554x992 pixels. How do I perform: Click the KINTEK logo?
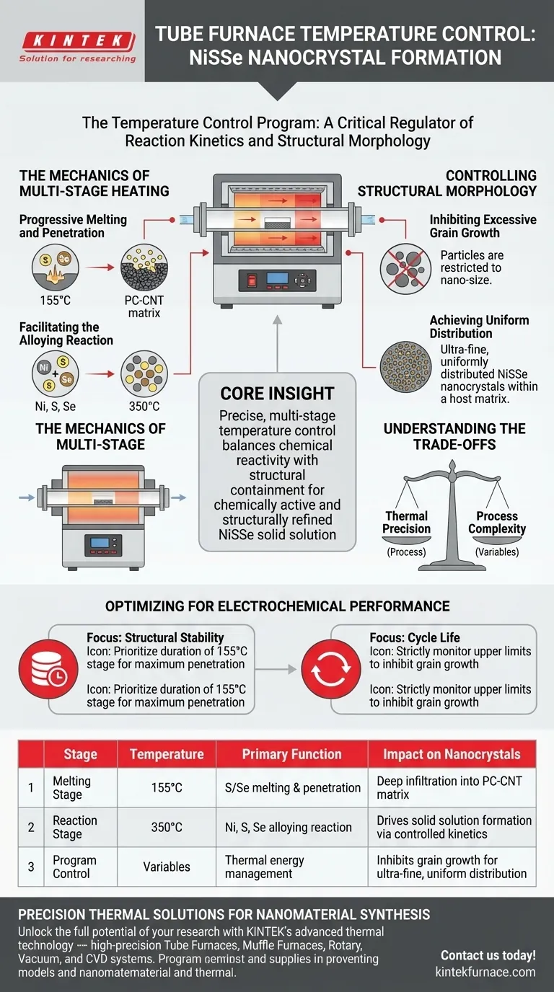76,40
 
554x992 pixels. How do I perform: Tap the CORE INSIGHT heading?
277,394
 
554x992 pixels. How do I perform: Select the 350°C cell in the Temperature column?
167,827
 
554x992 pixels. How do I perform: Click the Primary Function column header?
291,755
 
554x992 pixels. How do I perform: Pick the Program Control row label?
75,867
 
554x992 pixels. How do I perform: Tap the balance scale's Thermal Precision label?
407,522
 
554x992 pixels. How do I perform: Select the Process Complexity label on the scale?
496,522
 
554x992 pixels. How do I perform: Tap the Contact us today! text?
488,955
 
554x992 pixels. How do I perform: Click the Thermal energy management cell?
265,867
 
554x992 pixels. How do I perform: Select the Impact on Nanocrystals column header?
452,755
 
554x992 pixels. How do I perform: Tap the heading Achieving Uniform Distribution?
479,327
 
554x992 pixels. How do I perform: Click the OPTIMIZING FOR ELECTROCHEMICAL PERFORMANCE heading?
277,606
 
